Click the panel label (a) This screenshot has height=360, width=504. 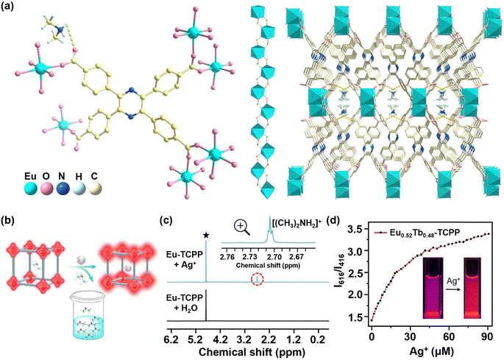pos(7,7)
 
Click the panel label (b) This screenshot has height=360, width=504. pos(7,221)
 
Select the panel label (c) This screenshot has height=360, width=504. pos(166,221)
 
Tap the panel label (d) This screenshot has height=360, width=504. pos(333,221)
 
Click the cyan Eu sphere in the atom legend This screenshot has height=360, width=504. pos(31,189)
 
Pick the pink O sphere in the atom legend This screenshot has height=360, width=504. pos(47,189)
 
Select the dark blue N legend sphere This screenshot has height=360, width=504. pos(63,189)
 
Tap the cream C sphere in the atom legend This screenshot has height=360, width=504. pos(95,189)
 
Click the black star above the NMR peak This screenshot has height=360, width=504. pos(206,236)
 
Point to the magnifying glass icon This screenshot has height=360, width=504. pos(242,227)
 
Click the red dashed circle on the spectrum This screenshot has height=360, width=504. pos(257,280)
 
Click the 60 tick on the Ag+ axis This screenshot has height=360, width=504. pos(449,337)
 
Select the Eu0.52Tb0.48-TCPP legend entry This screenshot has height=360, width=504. pos(418,232)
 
